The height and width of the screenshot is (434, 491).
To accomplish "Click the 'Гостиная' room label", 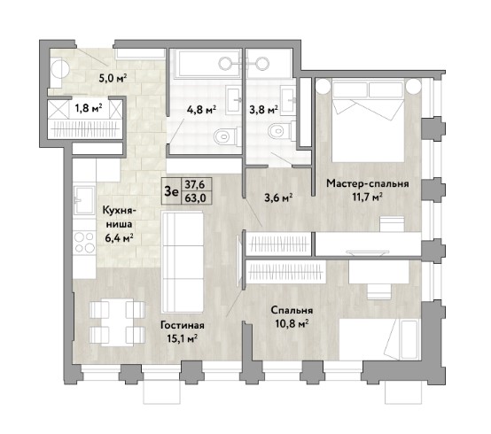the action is [x=183, y=325].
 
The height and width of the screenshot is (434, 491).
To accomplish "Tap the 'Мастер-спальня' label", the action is [x=368, y=183].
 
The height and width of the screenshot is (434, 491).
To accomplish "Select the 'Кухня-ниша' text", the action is [x=118, y=217].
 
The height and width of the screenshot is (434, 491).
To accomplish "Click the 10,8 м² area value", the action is [x=292, y=323].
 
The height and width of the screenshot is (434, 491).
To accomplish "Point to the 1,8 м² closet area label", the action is [x=89, y=108].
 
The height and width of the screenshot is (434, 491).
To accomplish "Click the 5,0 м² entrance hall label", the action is [x=113, y=78].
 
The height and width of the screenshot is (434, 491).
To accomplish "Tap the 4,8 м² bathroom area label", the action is [x=202, y=110].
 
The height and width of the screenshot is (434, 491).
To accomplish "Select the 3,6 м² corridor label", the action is [x=278, y=198].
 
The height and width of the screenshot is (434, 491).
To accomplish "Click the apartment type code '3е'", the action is [x=171, y=191].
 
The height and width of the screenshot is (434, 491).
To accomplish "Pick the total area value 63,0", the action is [x=195, y=198].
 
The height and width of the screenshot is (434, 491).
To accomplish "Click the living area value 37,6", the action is [x=195, y=184].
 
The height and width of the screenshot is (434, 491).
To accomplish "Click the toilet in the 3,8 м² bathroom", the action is [x=281, y=130].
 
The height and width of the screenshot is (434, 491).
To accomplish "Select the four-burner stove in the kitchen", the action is [x=84, y=241].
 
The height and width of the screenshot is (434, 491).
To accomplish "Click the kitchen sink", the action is [x=84, y=200].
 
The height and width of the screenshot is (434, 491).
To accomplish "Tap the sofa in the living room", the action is [x=183, y=262].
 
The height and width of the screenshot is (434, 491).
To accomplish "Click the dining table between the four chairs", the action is [x=117, y=322].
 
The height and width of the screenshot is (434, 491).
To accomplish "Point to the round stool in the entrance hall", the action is [x=60, y=68].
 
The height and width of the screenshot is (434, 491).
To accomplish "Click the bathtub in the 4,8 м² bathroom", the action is [x=206, y=63].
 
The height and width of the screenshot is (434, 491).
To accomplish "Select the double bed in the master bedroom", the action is [x=368, y=120].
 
